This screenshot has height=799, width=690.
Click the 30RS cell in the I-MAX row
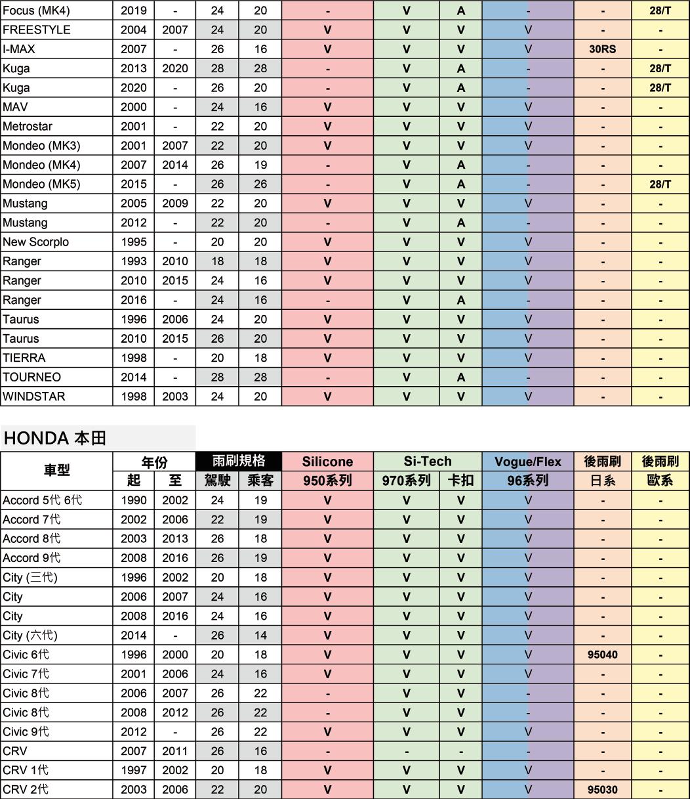[602, 49]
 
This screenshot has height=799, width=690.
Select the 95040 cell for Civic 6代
[602, 655]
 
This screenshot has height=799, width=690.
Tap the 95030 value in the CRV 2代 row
[602, 790]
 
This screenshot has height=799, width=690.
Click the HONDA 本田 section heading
[55, 439]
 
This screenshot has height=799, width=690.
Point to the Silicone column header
[327, 462]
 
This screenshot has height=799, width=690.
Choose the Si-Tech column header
[427, 462]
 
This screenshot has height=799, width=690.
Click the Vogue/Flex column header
[528, 462]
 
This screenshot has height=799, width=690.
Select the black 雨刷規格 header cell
[239, 461]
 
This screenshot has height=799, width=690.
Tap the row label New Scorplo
[35, 242]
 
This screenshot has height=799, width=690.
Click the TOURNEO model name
[31, 378]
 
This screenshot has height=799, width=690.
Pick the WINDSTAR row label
[34, 397]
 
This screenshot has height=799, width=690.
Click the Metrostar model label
[28, 126]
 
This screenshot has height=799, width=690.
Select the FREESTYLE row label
[37, 30]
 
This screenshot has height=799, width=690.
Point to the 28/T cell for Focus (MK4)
[660, 11]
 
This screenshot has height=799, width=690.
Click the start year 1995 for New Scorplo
[134, 242]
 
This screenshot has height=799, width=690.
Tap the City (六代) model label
[30, 636]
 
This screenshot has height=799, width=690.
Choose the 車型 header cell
[56, 471]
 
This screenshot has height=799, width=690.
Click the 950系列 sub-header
[327, 481]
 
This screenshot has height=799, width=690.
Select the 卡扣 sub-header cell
[460, 481]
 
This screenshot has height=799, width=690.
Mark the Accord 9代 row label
[31, 558]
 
